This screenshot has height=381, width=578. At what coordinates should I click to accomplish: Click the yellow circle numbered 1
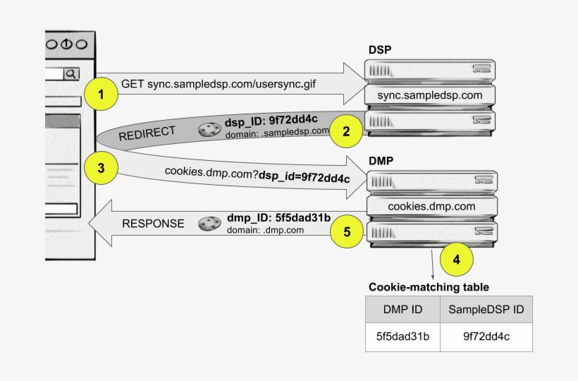(102, 95)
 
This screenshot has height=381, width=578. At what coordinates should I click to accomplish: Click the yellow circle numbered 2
(345, 131)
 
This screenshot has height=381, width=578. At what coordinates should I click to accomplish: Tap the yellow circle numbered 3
(102, 168)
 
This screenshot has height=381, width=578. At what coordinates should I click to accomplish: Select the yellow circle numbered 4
(456, 259)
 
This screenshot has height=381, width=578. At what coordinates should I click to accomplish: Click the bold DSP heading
(380, 50)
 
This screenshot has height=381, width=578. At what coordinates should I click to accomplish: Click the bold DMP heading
(381, 161)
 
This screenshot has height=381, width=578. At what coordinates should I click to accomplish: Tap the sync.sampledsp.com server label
(429, 95)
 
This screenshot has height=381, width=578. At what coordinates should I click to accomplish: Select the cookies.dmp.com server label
(431, 206)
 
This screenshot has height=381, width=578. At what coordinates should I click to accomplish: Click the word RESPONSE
(153, 224)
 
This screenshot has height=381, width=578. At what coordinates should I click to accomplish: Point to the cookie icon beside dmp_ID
(209, 224)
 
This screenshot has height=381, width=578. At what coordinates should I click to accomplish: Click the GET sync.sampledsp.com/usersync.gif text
(218, 83)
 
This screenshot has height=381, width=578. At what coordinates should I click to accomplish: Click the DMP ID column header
(402, 310)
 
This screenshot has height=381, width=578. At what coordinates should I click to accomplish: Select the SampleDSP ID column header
(486, 310)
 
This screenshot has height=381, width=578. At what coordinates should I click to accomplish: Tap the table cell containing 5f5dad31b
(402, 337)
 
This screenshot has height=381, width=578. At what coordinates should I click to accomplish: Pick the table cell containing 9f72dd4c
(486, 337)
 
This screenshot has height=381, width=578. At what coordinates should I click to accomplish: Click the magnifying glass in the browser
(71, 73)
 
